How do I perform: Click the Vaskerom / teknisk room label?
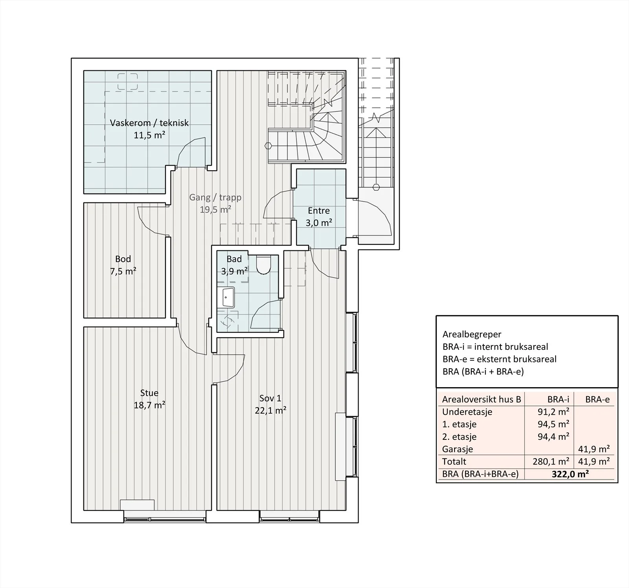149,123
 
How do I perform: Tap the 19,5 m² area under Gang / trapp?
215,209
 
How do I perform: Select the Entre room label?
319,211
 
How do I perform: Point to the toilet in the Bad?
263,265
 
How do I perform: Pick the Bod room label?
123,259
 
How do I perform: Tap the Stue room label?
149,393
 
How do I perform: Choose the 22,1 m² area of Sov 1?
270,411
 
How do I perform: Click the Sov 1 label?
270,398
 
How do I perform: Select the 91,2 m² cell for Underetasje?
554,412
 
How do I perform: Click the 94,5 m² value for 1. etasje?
554,424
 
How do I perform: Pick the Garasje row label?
458,449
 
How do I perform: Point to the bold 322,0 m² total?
570,474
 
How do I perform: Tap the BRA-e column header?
598,400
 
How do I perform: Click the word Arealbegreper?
472,334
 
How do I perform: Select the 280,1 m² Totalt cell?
551,462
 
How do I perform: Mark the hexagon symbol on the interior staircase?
268,145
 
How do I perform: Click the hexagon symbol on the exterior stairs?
376,187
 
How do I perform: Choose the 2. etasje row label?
459,437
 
